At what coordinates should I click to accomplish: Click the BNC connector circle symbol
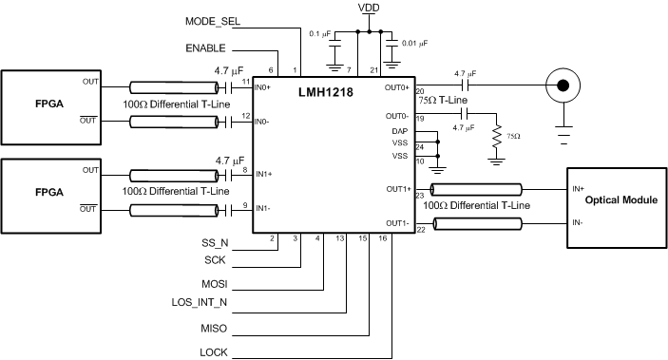(563, 85)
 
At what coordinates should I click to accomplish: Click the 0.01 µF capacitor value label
(413, 44)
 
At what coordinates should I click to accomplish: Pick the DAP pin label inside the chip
(399, 130)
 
